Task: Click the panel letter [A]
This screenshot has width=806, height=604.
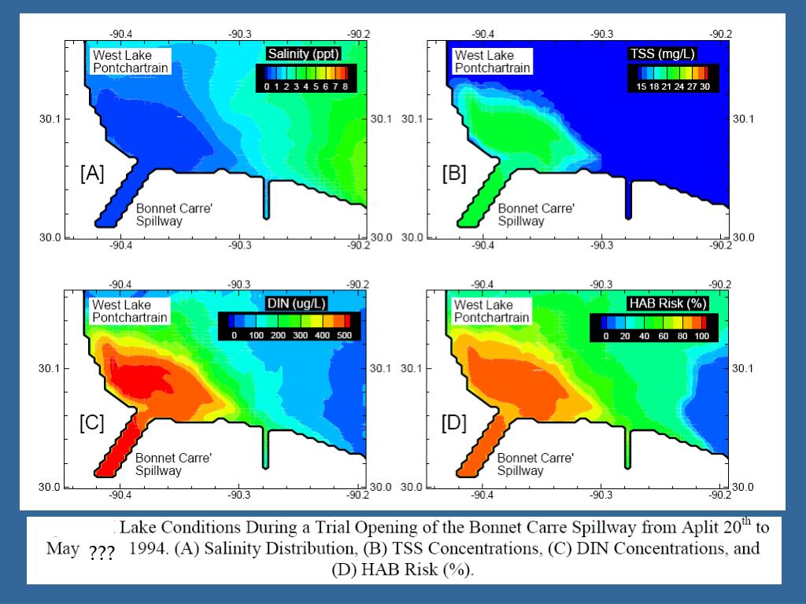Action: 91,174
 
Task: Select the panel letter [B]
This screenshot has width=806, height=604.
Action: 454,174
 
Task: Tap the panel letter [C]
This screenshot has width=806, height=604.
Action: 91,423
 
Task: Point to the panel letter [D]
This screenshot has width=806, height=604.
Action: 454,423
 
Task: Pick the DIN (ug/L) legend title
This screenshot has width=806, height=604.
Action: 299,304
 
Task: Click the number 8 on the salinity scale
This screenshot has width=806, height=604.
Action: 345,87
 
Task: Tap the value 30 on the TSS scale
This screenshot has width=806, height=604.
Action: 704,87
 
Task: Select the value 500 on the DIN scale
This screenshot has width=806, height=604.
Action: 344,336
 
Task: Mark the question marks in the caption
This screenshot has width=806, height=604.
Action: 102,553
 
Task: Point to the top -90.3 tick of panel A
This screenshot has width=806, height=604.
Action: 239,34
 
